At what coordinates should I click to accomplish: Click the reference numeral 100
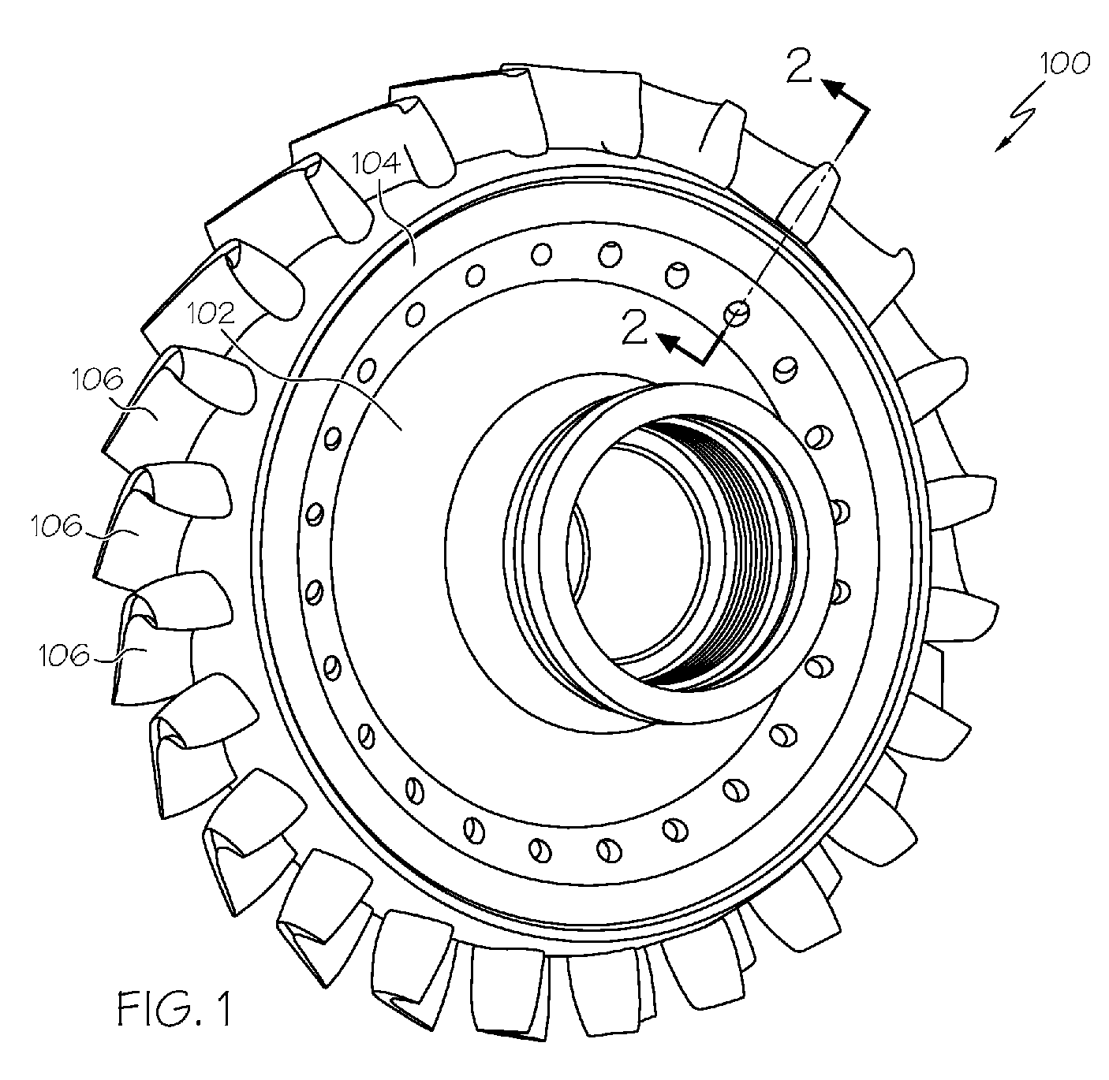pyautogui.click(x=1063, y=64)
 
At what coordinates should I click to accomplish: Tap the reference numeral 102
pyautogui.click(x=212, y=315)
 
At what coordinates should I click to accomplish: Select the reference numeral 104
pyautogui.click(x=376, y=164)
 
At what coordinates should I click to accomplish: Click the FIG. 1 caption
pyautogui.click(x=175, y=1011)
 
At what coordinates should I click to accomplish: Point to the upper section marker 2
pyautogui.click(x=798, y=69)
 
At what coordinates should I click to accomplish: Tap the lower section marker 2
pyautogui.click(x=635, y=328)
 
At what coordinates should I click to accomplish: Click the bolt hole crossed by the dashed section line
pyautogui.click(x=737, y=313)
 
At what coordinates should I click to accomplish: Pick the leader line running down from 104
pyautogui.click(x=406, y=229)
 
